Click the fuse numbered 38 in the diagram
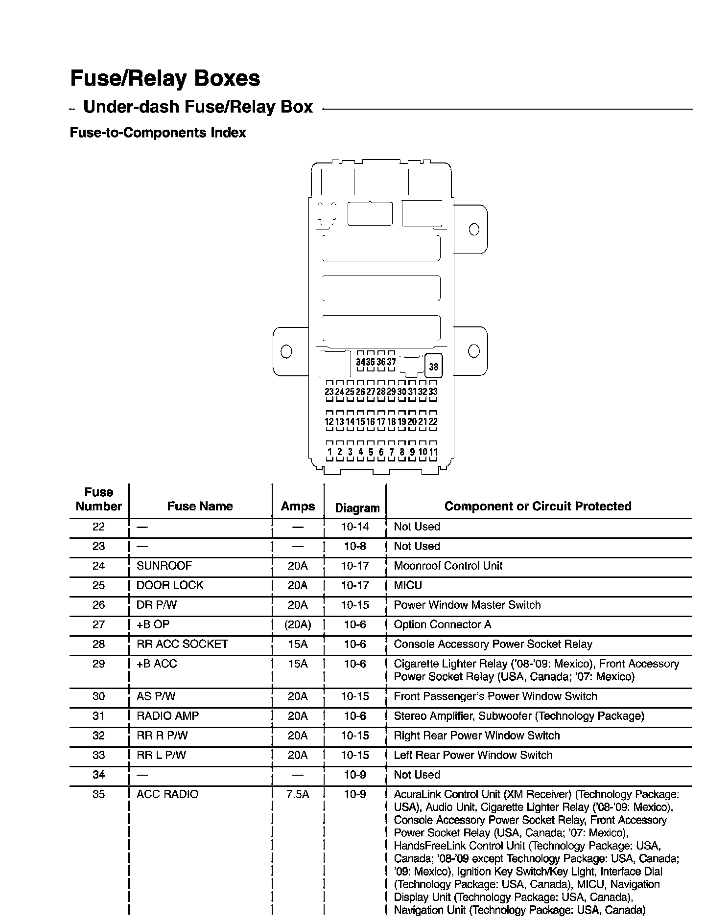pos(434,366)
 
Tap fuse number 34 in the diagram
pos(361,362)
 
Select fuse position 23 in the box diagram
pos(329,391)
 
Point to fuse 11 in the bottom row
pos(433,452)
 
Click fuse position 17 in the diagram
pos(381,421)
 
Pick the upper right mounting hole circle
pos(474,229)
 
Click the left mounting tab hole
pos(286,351)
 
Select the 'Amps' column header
pos(298,506)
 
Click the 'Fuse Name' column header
pos(200,506)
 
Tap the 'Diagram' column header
pos(357,508)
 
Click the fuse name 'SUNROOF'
pos(164,566)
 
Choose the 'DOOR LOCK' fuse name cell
pos(169,585)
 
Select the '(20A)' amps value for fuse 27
pos(298,624)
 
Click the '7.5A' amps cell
pos(298,794)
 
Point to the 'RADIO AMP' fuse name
pos(167,716)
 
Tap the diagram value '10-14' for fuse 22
pos(355,527)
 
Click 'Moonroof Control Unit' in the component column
pos(448,566)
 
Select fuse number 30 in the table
pos(99,696)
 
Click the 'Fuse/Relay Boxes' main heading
pos(165,78)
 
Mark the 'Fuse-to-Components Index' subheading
pos(158,133)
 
